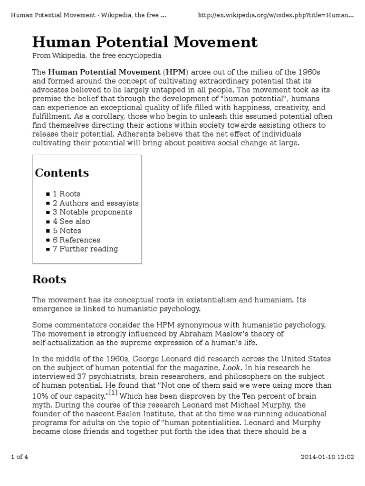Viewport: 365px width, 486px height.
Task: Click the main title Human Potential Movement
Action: pyautogui.click(x=144, y=42)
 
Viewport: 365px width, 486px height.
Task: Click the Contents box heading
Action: pyautogui.click(x=62, y=173)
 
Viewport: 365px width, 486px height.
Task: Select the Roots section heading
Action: pyautogui.click(x=49, y=279)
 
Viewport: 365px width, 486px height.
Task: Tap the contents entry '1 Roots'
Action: pyautogui.click(x=67, y=194)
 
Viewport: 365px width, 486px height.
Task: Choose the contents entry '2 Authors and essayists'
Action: pyautogui.click(x=96, y=203)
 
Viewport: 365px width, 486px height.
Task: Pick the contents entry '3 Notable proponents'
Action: pyautogui.click(x=92, y=212)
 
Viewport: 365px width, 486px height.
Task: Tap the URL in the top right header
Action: pyautogui.click(x=276, y=15)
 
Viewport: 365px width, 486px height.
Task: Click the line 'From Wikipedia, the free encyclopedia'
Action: pyautogui.click(x=96, y=56)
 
